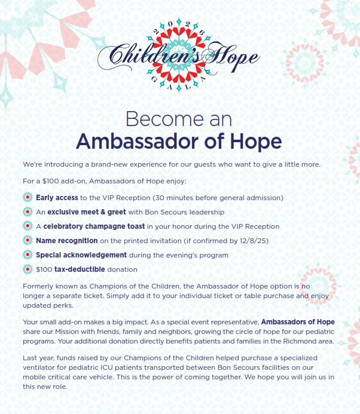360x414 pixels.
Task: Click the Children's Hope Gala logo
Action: [x=179, y=56]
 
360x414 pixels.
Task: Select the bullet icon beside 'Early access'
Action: [x=27, y=197]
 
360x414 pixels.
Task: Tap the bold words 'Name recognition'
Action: [x=66, y=241]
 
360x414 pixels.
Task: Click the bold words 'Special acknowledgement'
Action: [x=82, y=255]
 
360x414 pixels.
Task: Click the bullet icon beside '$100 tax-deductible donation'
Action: [x=27, y=269]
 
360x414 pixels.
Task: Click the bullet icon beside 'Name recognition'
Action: [x=27, y=241]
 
